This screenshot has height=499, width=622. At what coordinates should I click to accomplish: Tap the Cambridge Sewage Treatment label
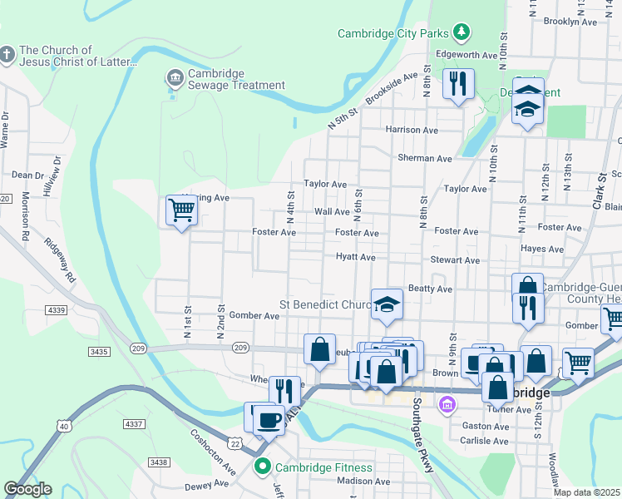point(236,79)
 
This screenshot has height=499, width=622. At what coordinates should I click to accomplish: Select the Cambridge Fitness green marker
point(264,467)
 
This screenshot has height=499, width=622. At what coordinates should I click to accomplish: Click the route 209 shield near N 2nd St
point(241,347)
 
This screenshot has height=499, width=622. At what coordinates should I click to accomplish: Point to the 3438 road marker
point(158,462)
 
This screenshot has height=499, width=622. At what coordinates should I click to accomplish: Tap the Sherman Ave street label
point(425,158)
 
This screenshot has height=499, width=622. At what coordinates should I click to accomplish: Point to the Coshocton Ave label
point(213,452)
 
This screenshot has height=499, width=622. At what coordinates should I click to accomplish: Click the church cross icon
point(7,56)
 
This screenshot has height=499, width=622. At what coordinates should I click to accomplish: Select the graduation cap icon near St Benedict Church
point(388,304)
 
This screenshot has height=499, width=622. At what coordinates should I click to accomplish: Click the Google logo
point(27,489)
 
